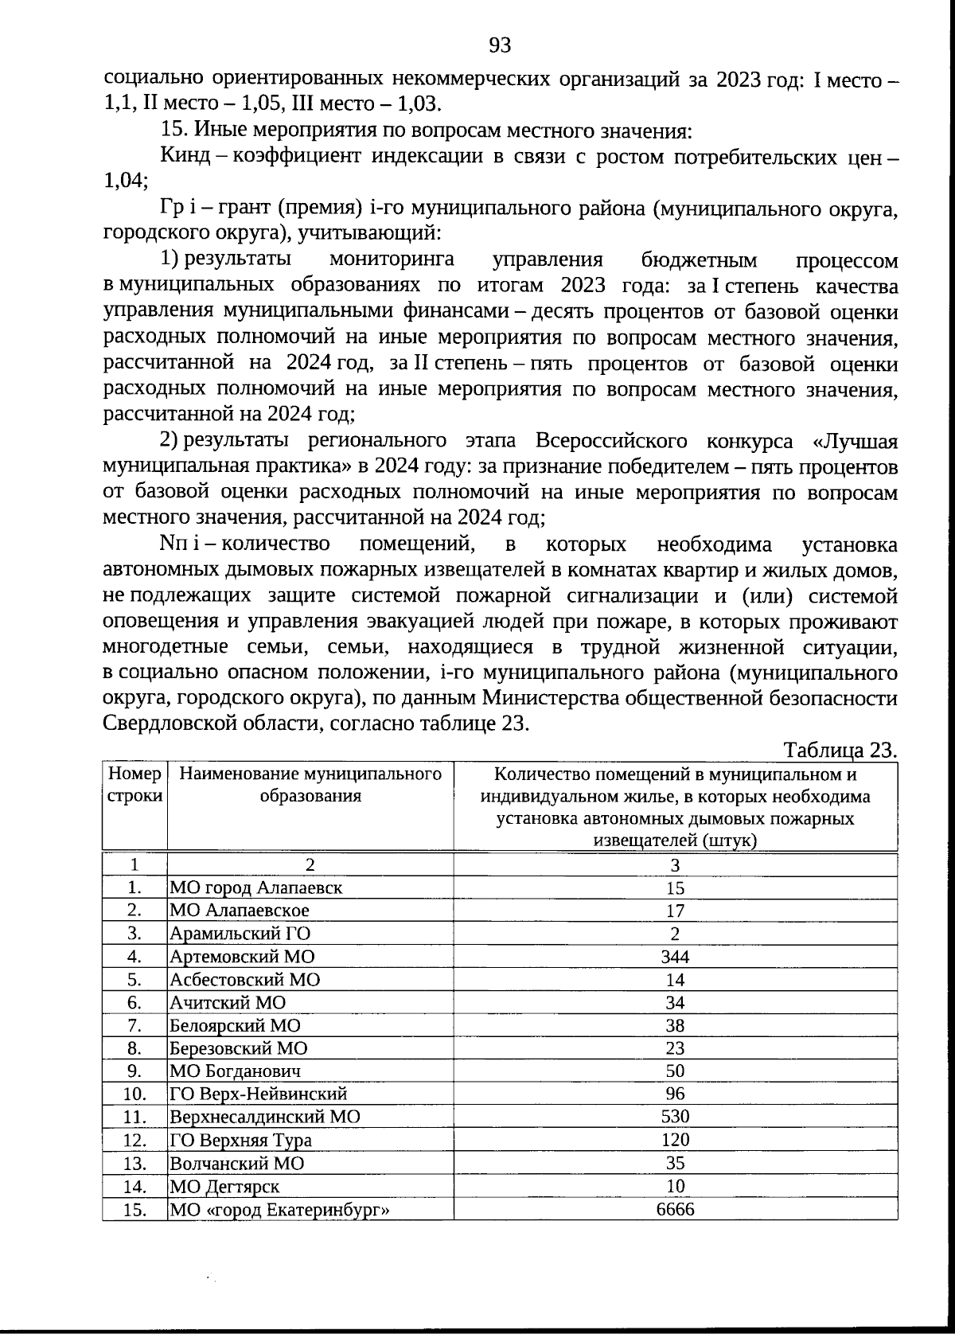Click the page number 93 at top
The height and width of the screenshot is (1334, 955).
point(500,45)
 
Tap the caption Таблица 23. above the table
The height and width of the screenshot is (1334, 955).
point(840,750)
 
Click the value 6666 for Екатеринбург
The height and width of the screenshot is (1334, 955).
point(675,1209)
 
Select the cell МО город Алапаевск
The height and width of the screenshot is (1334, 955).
point(256,887)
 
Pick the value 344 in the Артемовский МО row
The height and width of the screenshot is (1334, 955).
point(675,956)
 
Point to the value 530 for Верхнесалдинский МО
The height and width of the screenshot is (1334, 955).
point(675,1117)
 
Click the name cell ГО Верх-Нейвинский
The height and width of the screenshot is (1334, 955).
point(259,1094)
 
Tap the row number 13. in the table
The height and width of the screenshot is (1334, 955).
point(134,1163)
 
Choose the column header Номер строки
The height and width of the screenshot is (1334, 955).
point(134,785)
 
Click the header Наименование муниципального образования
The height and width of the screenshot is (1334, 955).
point(310,785)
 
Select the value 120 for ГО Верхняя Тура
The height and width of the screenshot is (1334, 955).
point(675,1140)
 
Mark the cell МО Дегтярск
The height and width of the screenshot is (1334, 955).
point(224,1186)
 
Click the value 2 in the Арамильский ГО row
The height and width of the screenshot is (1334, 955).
point(675,934)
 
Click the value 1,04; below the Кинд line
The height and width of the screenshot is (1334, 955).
point(126,181)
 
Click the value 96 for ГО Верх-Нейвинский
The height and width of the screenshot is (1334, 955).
point(675,1094)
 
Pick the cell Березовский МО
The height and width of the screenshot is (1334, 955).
point(239,1048)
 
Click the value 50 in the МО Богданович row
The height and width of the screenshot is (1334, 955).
point(675,1071)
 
